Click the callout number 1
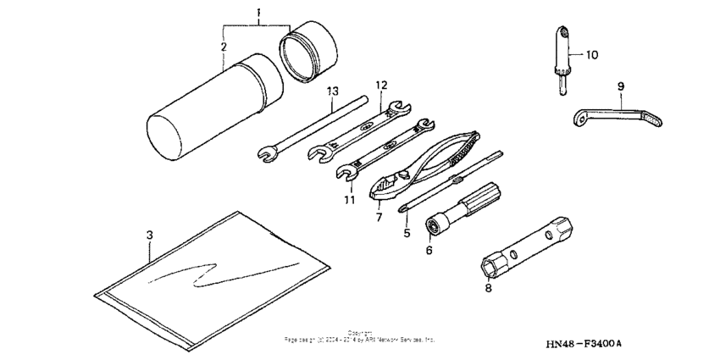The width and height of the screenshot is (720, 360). [260, 14]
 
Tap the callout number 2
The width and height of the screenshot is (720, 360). [223, 48]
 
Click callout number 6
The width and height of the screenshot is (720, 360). [429, 251]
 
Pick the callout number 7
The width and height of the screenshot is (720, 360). [379, 218]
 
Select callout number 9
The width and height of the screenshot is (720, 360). [620, 85]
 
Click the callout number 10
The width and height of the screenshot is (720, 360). [591, 56]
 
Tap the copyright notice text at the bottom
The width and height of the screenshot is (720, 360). [359, 338]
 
